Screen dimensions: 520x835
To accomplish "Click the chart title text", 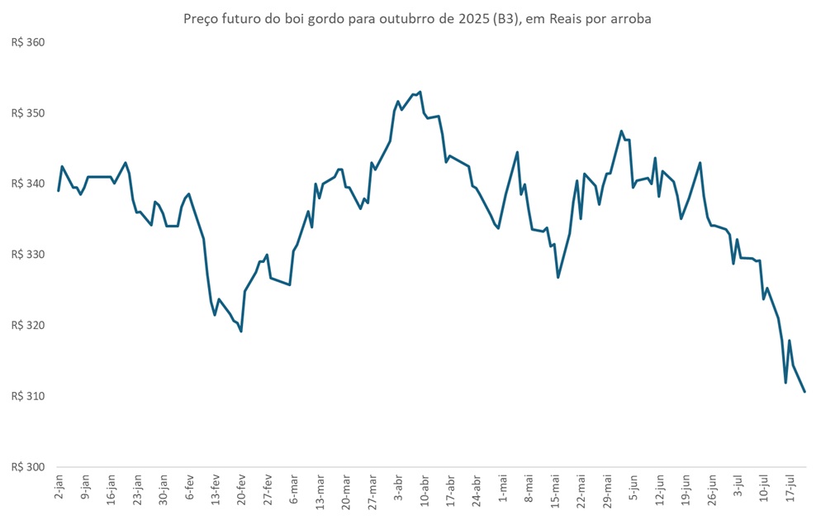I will coord(417,19).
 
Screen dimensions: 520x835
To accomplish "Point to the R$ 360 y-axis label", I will coord(27,42).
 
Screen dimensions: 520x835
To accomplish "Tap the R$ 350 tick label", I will coord(27,113).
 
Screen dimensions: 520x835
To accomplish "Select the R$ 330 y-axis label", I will coord(27,255).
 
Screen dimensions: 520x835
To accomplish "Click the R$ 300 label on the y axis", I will coord(27,467).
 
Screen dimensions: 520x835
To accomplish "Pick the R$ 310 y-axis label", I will coord(27,397).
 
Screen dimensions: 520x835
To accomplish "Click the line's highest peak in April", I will coord(420,92).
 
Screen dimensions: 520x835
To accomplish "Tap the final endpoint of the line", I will coord(804,392).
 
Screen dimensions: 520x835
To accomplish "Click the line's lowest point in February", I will coord(241,332).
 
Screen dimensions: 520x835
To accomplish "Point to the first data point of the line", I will coord(58,191).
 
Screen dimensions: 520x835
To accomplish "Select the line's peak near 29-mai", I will coord(621,131).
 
